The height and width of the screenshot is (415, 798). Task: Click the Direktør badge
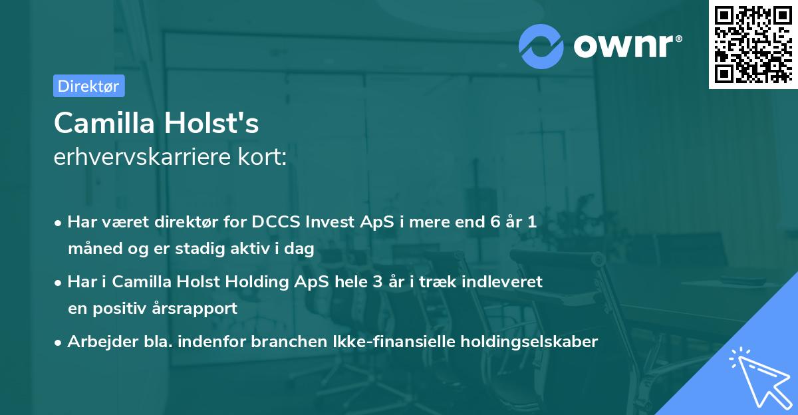pos(88,86)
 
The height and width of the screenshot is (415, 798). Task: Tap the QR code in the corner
pos(752,45)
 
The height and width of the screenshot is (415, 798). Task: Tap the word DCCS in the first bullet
pos(273,222)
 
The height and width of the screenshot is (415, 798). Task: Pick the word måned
pos(91,249)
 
